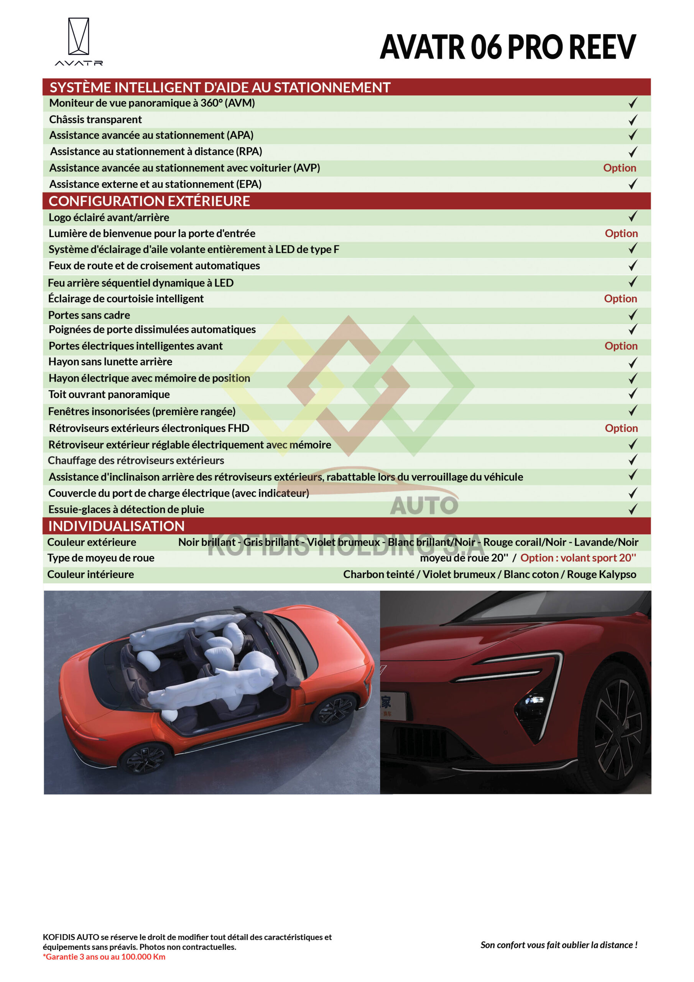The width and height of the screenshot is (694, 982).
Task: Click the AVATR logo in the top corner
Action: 79,41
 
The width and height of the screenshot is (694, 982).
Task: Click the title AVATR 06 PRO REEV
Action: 508,47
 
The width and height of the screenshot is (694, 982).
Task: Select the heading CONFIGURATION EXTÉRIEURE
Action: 149,201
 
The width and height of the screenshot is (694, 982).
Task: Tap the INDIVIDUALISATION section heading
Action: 116,526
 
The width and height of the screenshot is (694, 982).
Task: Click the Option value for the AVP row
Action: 619,168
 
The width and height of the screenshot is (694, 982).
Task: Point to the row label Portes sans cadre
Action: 89,315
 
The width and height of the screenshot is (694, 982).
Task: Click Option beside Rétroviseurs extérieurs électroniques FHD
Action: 621,428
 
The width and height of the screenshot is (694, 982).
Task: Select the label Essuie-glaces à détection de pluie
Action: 126,509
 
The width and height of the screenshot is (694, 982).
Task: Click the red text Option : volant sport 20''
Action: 578,558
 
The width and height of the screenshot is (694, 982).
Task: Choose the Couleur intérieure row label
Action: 90,574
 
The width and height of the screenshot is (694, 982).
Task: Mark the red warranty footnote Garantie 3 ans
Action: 104,957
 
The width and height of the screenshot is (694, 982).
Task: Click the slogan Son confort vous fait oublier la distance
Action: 558,945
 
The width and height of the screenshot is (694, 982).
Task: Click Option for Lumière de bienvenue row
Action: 621,233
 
